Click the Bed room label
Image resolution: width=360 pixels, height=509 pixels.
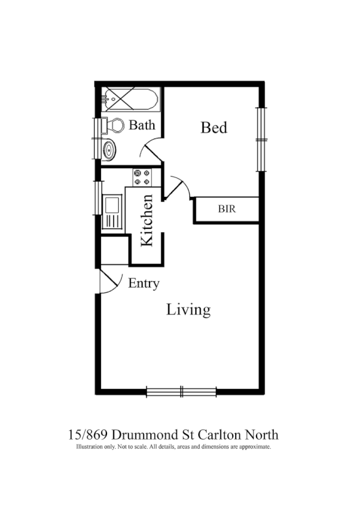click(x=214, y=127)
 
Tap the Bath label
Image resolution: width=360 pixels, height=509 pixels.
click(x=142, y=126)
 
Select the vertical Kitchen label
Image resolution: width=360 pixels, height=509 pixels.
click(x=147, y=220)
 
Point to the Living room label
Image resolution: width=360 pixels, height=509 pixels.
click(x=188, y=309)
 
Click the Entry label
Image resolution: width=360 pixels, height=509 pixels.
click(x=143, y=284)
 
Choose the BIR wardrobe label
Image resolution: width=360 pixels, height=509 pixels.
click(x=226, y=209)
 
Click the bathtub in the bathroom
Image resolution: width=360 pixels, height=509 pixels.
click(x=131, y=98)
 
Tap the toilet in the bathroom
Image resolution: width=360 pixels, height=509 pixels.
click(x=113, y=126)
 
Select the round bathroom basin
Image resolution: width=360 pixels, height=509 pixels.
click(x=110, y=149)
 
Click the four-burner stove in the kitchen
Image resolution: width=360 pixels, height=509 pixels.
click(x=142, y=177)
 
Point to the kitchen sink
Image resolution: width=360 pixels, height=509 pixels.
click(x=112, y=211)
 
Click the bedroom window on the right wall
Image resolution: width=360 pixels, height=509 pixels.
click(x=261, y=140)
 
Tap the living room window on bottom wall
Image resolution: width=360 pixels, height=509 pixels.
click(x=182, y=391)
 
